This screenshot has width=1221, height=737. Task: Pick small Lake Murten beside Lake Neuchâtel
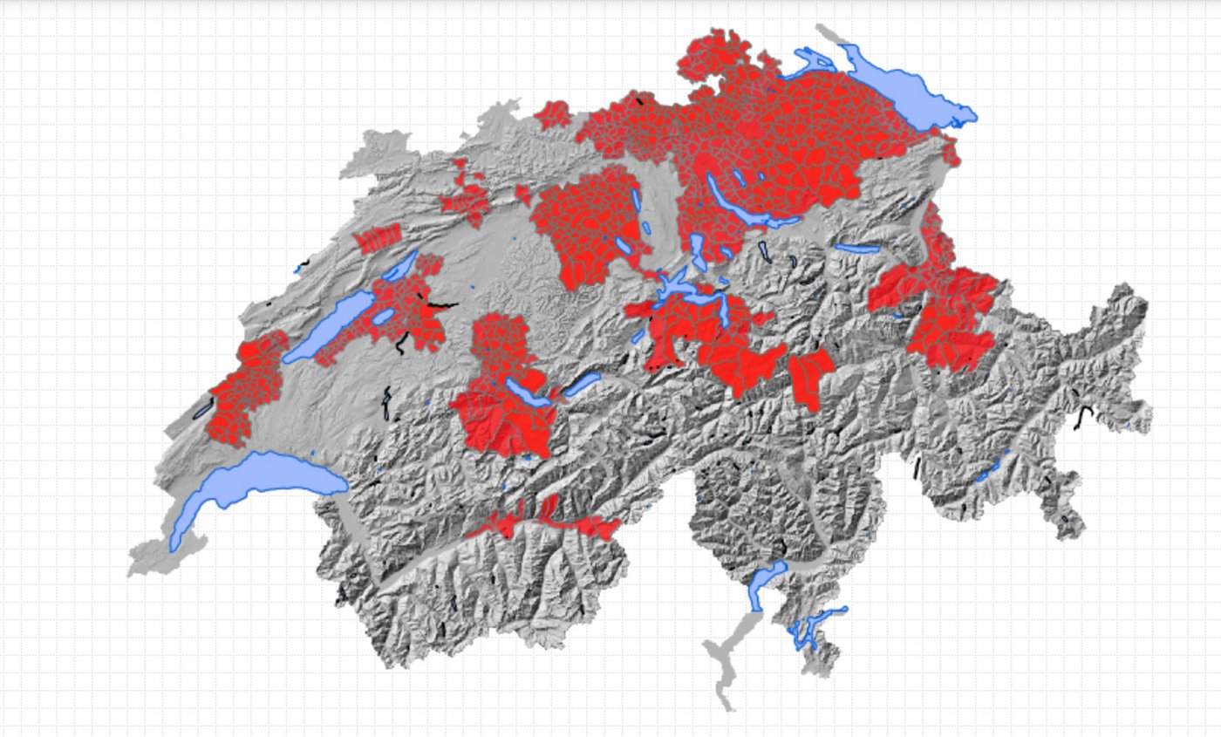tap(383, 316)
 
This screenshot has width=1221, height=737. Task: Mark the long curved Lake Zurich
tap(741, 205)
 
